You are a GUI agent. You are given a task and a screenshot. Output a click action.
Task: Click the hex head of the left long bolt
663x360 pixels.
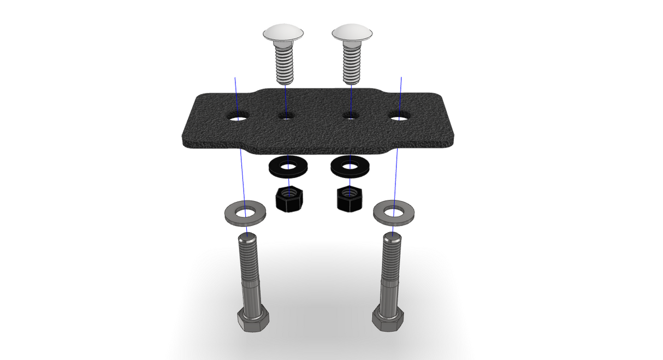[253, 319]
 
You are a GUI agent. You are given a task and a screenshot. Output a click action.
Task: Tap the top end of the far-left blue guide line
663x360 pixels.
[235, 78]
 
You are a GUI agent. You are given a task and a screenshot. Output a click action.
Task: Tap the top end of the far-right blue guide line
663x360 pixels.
[401, 78]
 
